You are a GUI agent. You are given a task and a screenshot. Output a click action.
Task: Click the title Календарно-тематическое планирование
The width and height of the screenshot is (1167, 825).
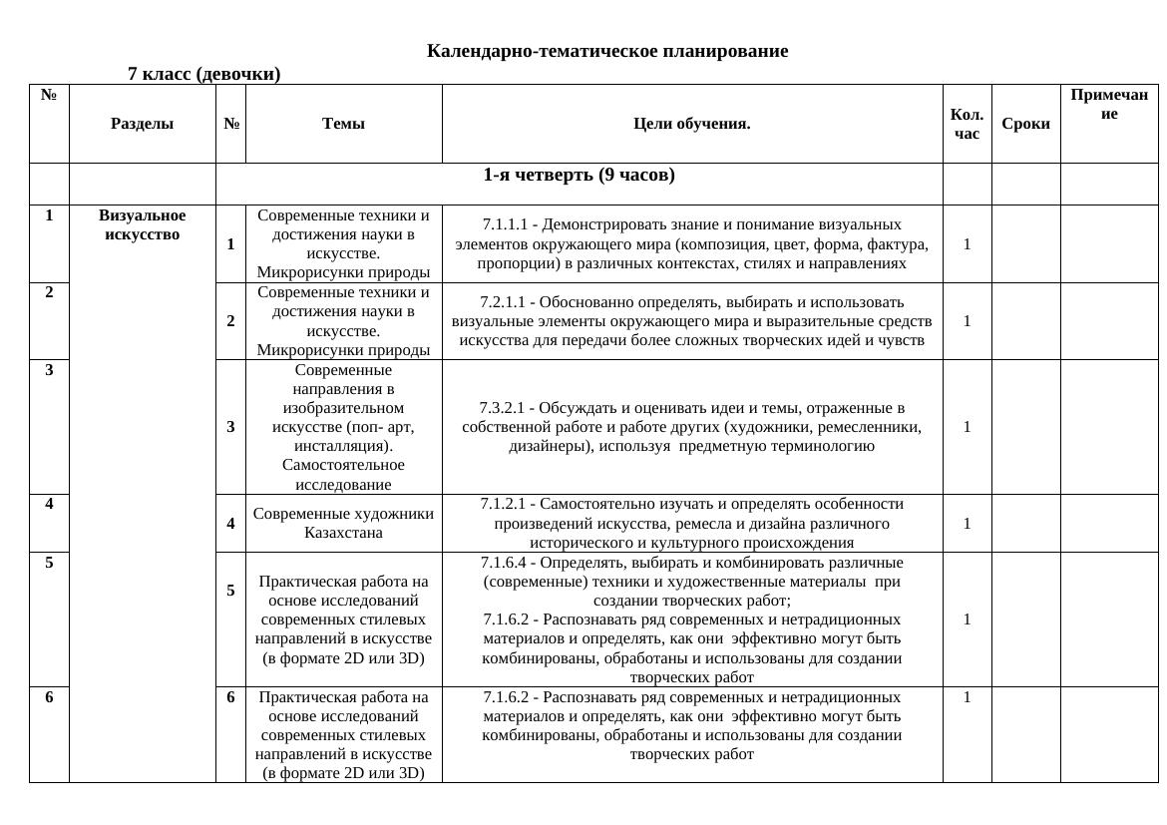606,51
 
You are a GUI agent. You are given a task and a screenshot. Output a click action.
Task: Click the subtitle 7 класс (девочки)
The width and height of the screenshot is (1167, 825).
203,74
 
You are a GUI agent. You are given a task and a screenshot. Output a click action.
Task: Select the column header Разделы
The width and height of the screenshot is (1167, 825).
142,124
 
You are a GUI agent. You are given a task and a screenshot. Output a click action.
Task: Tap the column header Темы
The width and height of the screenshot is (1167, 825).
343,124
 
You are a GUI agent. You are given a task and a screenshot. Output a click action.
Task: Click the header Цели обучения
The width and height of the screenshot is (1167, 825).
691,124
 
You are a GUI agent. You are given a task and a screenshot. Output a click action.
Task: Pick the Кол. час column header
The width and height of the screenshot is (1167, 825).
966,124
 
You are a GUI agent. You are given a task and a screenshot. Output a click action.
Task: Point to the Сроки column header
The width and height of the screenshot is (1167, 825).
1025,124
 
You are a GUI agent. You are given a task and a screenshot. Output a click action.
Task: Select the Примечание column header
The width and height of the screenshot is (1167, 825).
1108,104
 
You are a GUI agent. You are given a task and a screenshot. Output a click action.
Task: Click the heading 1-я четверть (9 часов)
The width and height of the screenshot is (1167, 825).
579,176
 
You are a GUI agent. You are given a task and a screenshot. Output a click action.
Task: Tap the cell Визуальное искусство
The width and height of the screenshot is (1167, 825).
142,224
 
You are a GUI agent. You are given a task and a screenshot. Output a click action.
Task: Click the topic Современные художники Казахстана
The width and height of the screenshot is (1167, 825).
343,523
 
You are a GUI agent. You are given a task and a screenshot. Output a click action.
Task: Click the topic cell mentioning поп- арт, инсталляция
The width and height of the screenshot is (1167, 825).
343,427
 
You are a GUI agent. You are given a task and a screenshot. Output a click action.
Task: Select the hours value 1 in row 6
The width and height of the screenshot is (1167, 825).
967,697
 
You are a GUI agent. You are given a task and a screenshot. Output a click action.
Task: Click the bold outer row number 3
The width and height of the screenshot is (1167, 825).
49,369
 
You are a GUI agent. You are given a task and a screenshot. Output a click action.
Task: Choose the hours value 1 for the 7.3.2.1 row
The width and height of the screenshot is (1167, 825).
967,427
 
